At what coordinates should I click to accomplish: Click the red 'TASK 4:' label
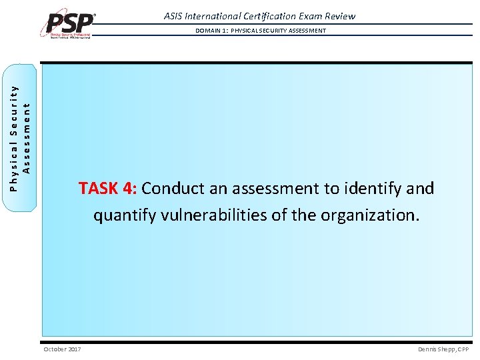click(107, 189)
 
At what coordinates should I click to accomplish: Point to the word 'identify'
click(373, 189)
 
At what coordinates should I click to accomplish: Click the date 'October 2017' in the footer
click(62, 349)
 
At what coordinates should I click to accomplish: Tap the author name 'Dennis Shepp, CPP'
click(443, 349)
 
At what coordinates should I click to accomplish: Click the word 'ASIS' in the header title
click(177, 16)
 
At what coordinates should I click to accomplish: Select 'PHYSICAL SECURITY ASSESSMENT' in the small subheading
click(278, 31)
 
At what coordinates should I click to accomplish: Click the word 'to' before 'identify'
click(331, 189)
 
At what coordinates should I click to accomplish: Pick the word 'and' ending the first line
click(419, 189)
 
